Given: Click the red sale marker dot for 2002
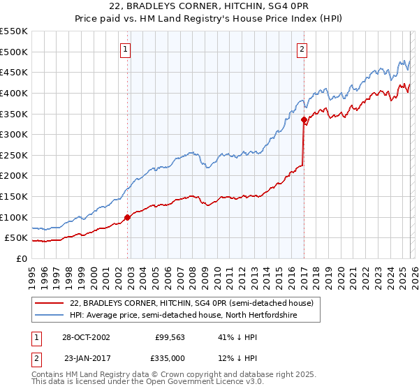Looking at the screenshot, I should coord(128,217).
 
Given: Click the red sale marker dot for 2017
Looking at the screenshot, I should coord(304,120).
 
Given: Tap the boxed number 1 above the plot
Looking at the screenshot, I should coord(125,49).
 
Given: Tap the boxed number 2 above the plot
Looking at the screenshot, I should coord(302,49).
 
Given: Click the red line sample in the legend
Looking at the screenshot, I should coord(49,303).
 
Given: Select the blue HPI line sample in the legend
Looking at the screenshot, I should coord(49,315).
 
